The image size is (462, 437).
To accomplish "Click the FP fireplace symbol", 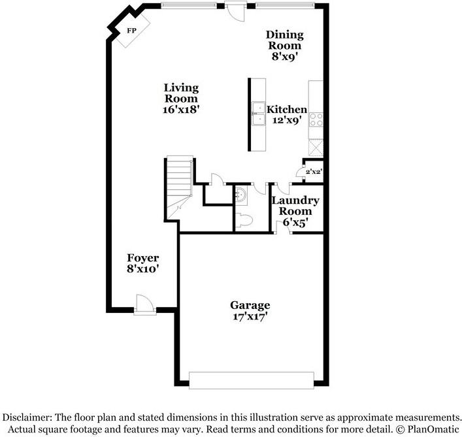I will [x=131, y=31].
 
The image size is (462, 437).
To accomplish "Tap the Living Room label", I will [x=181, y=99].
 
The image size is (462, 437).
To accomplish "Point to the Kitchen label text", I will [x=286, y=109].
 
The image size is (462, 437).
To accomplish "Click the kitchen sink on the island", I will [x=257, y=114].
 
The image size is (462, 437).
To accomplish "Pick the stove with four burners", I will [x=316, y=119].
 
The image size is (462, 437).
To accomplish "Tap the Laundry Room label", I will [x=295, y=206].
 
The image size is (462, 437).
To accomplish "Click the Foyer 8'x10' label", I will [x=143, y=263].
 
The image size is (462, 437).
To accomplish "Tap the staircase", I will [x=178, y=186].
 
